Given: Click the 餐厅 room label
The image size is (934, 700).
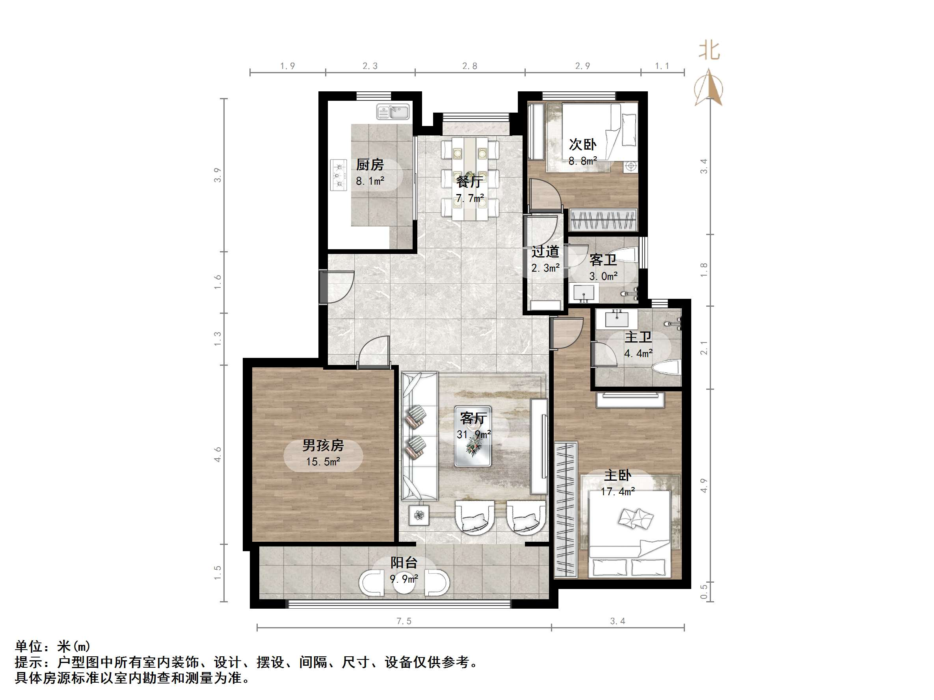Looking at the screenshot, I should point(469,182).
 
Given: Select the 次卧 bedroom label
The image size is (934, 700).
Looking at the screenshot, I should point(582,145).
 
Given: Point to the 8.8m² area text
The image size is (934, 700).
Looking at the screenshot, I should point(582,161).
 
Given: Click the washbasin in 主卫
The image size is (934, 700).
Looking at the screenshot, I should point(616,319).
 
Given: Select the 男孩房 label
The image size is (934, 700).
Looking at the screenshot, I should point(323,446).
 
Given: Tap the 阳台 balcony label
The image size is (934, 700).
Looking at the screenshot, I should point(404,563).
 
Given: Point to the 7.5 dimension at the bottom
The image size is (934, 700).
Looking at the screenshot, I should point(404,621).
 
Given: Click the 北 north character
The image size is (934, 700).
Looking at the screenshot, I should point(709,51).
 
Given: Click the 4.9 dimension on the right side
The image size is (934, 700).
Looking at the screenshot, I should point(703,485).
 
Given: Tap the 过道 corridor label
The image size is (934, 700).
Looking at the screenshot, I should point(545,252).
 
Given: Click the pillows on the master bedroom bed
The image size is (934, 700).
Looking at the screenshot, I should point(635,518).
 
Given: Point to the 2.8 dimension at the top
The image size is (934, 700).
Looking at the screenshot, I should point(469,66).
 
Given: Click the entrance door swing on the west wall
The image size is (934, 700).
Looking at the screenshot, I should point(338,287).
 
